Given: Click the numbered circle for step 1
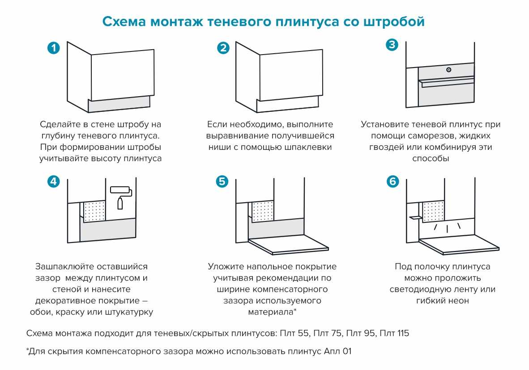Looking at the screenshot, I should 54,48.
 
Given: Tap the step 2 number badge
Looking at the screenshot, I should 223,48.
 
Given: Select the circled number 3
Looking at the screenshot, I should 392,45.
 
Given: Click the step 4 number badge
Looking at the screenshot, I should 54,182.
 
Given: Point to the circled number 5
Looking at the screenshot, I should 222,182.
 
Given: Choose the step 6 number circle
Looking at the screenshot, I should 392,182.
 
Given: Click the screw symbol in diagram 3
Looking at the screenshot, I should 449,70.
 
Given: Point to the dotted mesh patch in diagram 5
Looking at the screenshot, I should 263,211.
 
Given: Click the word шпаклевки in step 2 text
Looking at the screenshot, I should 309,147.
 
